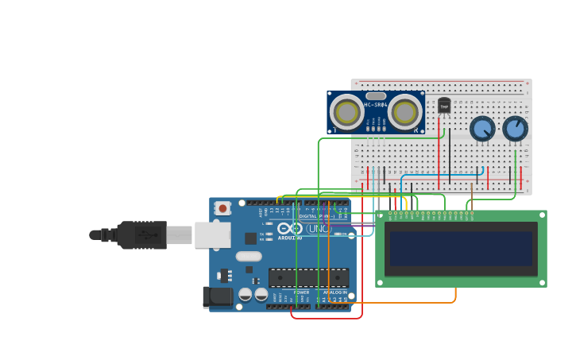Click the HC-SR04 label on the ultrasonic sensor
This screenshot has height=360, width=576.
coord(376,105)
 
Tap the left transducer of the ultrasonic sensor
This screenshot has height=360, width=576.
coord(347,111)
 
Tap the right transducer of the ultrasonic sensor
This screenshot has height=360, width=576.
coord(405,111)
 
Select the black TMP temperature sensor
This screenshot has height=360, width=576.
coord(444,106)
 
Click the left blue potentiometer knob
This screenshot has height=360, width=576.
coord(482,128)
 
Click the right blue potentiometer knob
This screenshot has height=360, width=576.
coord(515,128)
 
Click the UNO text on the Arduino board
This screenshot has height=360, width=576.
coord(318,229)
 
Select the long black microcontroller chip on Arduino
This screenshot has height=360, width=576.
coord(308,277)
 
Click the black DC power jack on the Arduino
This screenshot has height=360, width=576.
coord(218,297)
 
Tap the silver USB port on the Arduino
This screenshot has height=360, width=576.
coord(212,234)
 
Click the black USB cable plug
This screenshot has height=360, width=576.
coord(142,235)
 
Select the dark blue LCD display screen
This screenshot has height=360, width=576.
coord(461,249)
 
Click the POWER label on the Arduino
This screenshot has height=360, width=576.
coord(302,292)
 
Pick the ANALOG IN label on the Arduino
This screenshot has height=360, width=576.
coord(334,292)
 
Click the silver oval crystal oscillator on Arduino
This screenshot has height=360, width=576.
coord(249,257)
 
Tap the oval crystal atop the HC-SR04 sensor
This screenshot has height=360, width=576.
coord(376,95)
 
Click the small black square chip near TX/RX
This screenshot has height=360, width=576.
coord(250,238)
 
